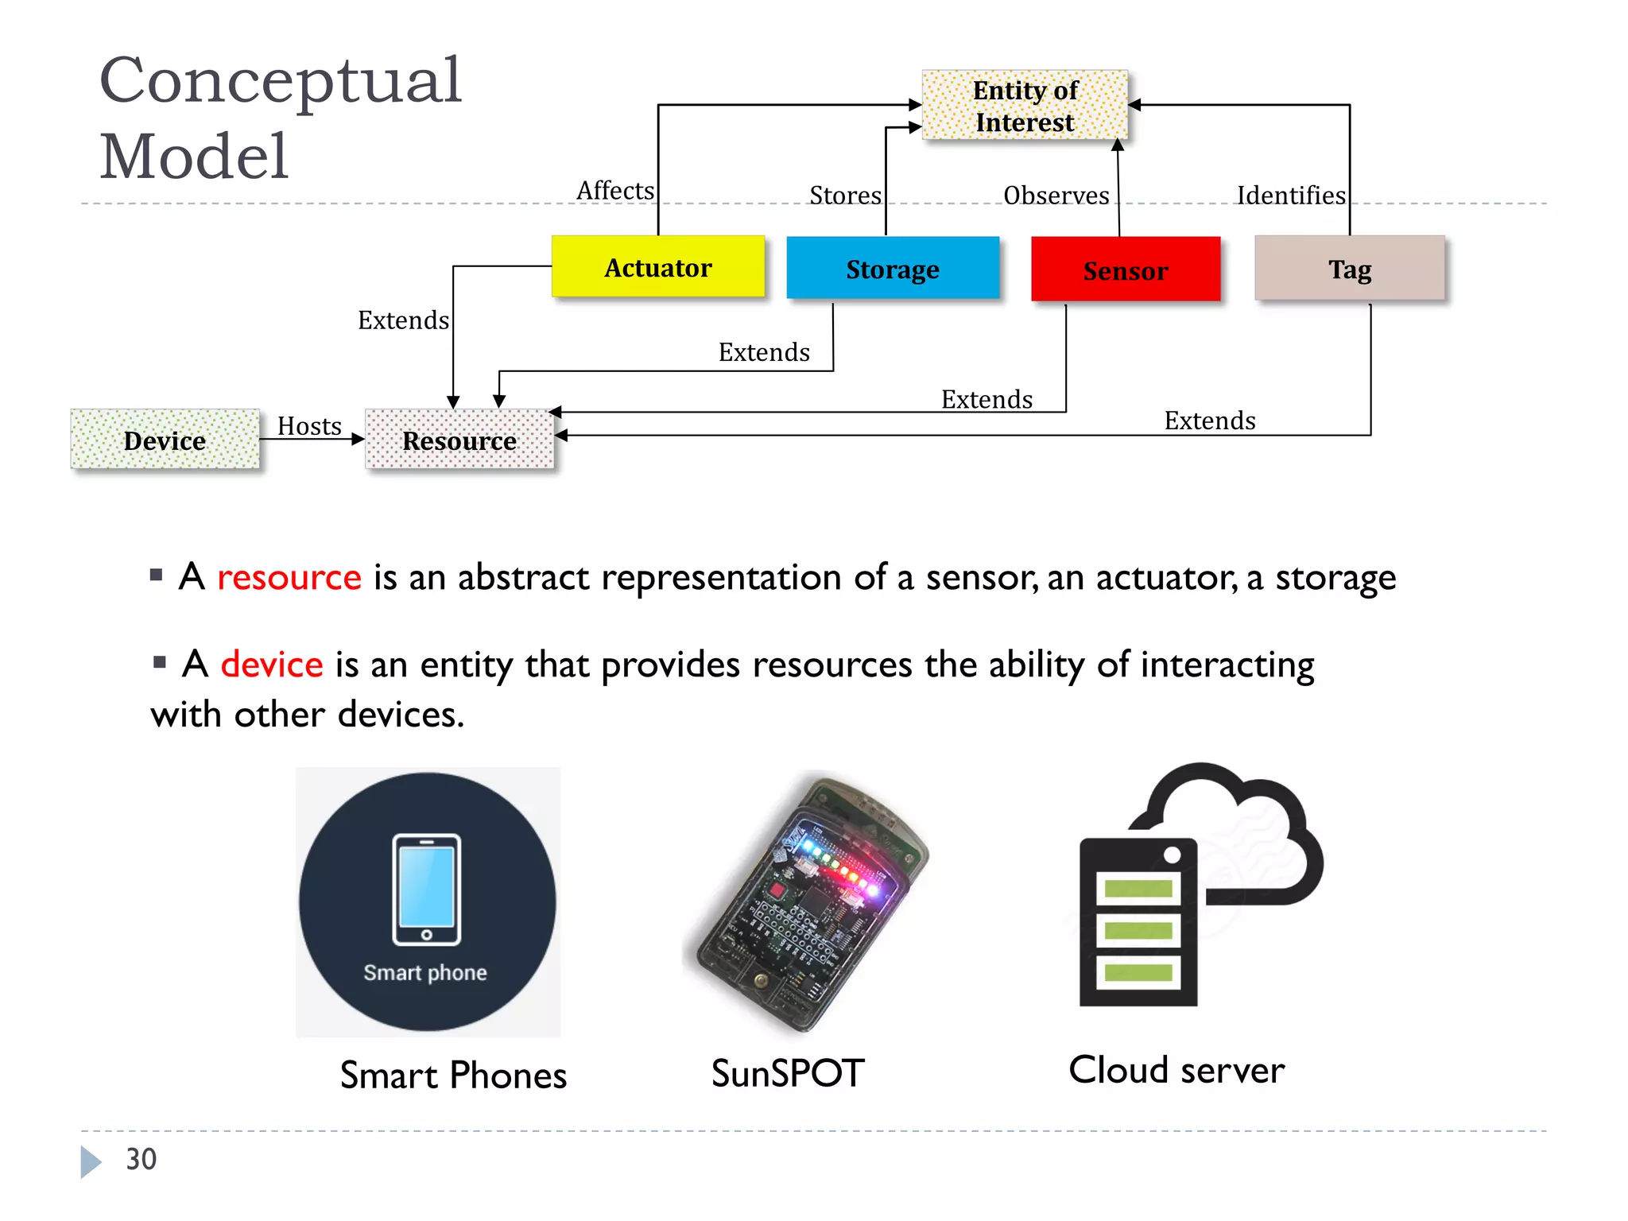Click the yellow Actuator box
coord(658,267)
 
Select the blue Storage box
coord(892,269)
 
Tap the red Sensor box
coord(1125,270)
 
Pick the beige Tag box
coord(1349,269)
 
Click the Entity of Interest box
coord(1025,106)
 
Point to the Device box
coord(165,440)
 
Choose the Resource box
coord(459,440)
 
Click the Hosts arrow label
coord(309,426)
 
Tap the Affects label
coord(614,191)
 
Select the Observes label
coord(1056,196)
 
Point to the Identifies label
coord(1290,196)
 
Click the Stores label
coord(845,196)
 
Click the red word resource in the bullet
coord(289,577)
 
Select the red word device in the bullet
coord(272,665)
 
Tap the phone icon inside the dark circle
coord(427,889)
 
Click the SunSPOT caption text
coord(787,1073)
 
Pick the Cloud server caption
coord(1176,1070)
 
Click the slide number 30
coord(141,1159)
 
